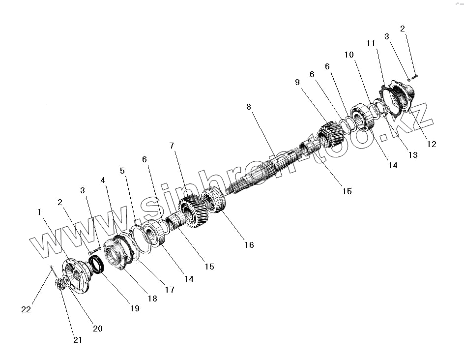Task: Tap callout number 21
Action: tap(78, 339)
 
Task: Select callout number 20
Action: tap(98, 329)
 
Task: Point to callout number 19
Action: tap(135, 308)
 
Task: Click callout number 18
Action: tap(152, 298)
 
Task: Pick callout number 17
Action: tap(170, 290)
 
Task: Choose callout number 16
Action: tap(249, 244)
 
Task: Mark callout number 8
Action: tap(249, 107)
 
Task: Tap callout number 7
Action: tap(172, 146)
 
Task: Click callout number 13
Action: tap(413, 155)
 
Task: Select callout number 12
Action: tap(431, 144)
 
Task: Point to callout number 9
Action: tap(297, 83)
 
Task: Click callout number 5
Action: tap(122, 171)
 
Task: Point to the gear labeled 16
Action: tap(215, 199)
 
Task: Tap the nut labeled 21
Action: tap(59, 284)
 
